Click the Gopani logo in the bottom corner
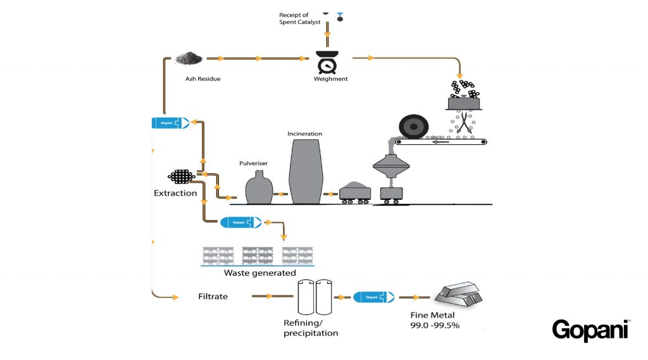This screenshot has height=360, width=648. click(x=590, y=330)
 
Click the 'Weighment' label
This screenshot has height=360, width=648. click(x=331, y=79)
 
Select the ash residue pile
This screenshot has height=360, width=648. click(x=189, y=59)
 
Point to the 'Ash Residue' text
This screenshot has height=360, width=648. click(x=202, y=79)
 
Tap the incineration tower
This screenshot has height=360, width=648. click(x=306, y=171)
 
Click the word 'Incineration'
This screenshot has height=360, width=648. click(x=305, y=134)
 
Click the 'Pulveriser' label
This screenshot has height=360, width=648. click(x=255, y=163)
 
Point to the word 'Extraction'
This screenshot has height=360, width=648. click(x=175, y=193)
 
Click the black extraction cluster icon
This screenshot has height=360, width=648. click(x=181, y=177)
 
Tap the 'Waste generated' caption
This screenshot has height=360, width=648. click(x=259, y=273)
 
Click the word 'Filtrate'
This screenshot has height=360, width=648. click(x=213, y=296)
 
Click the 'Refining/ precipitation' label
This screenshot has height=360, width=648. click(x=310, y=328)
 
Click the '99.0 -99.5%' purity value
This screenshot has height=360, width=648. click(x=435, y=325)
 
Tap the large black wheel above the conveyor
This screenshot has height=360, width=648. click(x=411, y=128)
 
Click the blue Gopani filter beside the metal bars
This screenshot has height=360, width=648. click(x=374, y=296)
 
